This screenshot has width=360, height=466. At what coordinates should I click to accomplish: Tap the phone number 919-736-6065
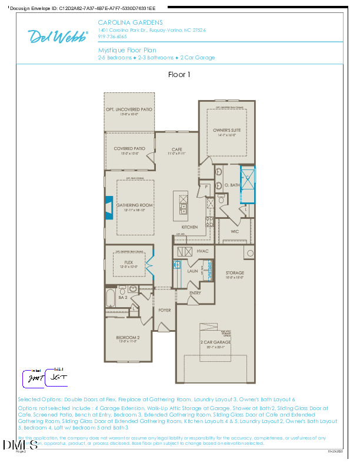tap(112, 36)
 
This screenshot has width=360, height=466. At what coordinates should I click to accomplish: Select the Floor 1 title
tap(179, 75)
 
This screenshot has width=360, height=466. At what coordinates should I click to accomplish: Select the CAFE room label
tap(177, 149)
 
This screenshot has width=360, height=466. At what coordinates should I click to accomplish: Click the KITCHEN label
tap(189, 227)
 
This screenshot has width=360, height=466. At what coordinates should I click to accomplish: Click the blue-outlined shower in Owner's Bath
tap(248, 185)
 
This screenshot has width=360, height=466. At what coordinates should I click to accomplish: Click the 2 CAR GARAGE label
tap(215, 342)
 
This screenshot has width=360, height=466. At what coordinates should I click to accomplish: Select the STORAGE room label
tap(235, 273)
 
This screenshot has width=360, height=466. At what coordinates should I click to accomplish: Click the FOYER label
tap(164, 310)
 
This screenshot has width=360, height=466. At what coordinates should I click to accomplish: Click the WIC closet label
tap(235, 231)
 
